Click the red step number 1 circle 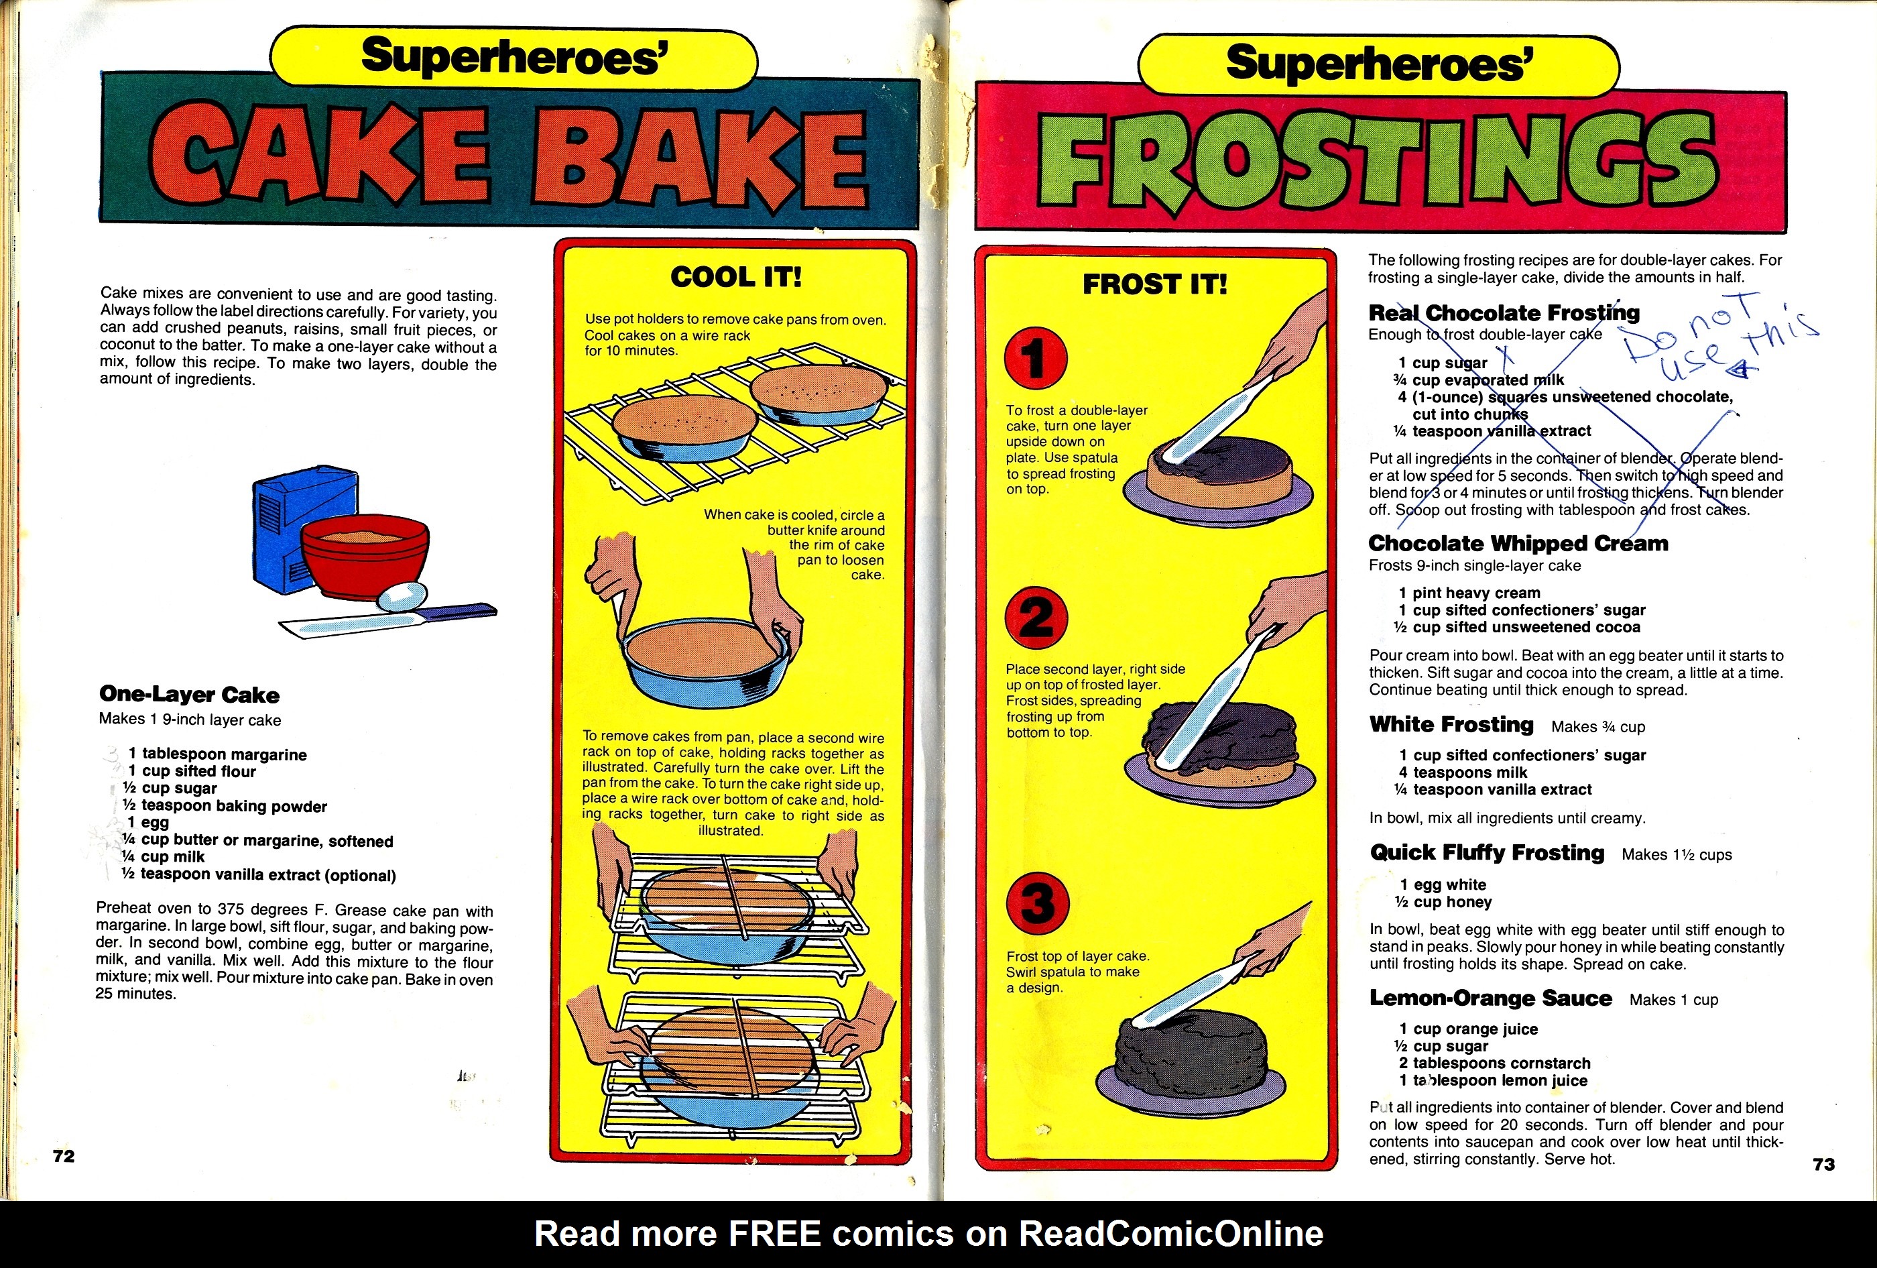coord(1036,359)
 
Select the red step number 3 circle coord(1038,902)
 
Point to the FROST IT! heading coord(1155,284)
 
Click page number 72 coord(64,1156)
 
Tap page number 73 coord(1823,1164)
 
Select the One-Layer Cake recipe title coord(189,695)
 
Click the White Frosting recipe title coord(1451,724)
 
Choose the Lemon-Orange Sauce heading coord(1490,998)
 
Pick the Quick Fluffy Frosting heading coord(1487,853)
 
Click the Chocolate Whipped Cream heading coord(1518,544)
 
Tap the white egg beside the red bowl coord(402,596)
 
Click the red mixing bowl coord(365,557)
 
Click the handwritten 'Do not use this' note coord(1720,339)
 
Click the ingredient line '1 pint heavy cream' coord(1469,593)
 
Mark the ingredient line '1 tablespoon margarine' coord(217,754)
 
